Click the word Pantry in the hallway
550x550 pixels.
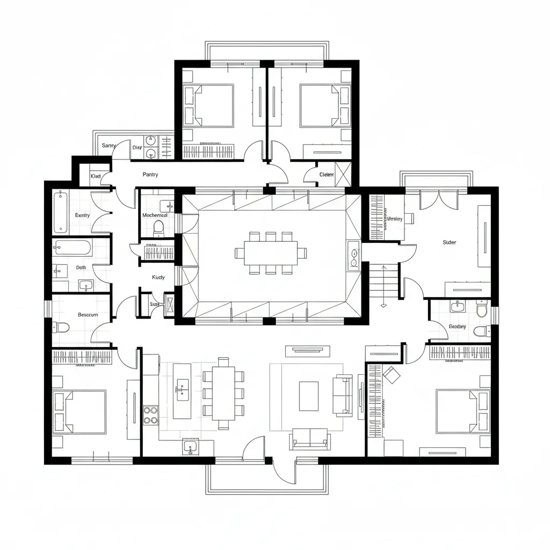click(150, 175)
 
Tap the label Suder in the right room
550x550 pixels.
click(449, 242)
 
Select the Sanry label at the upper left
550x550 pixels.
click(109, 146)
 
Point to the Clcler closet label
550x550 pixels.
click(327, 175)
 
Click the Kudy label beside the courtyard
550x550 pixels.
click(158, 278)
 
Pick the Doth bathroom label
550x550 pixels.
click(81, 267)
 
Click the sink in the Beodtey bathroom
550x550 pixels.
click(457, 307)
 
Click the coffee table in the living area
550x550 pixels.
click(308, 396)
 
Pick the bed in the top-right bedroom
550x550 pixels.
click(320, 105)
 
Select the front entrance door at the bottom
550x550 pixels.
click(283, 471)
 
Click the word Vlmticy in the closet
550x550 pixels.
click(395, 219)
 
